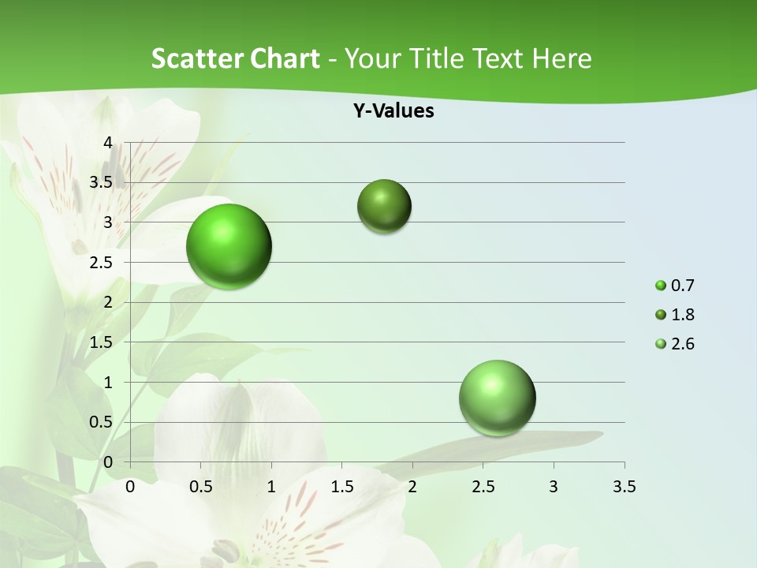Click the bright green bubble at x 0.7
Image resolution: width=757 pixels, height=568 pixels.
click(x=229, y=246)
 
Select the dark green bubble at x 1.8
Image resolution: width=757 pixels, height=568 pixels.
click(x=385, y=206)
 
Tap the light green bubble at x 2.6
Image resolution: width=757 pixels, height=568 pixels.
click(x=498, y=398)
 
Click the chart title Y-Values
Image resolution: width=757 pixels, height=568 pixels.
click(x=393, y=111)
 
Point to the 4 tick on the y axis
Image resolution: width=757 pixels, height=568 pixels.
click(x=108, y=143)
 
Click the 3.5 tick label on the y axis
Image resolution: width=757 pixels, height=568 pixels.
click(x=102, y=182)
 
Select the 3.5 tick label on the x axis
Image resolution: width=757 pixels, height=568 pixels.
click(x=624, y=487)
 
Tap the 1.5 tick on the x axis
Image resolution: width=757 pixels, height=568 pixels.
click(x=341, y=487)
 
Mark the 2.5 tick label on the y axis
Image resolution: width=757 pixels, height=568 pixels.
click(x=102, y=263)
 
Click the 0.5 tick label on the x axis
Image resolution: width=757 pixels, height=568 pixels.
click(x=200, y=487)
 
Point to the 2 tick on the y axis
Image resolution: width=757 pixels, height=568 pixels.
click(x=108, y=302)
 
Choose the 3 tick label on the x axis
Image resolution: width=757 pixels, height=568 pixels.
click(x=554, y=487)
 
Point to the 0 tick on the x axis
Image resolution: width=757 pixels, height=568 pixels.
click(x=130, y=487)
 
